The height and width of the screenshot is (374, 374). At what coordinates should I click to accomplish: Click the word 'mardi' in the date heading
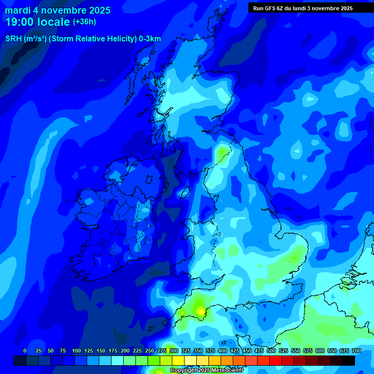pyautogui.click(x=18, y=10)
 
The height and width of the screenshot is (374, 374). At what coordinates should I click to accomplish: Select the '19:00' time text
pyautogui.click(x=20, y=22)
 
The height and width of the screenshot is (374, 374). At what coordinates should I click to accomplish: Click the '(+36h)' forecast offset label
pyautogui.click(x=84, y=22)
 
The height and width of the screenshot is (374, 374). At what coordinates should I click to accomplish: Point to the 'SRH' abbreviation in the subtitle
pyautogui.click(x=13, y=39)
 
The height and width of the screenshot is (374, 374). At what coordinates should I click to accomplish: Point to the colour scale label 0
pyautogui.click(x=25, y=351)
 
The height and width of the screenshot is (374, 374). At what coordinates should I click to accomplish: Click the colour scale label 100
pyautogui.click(x=76, y=351)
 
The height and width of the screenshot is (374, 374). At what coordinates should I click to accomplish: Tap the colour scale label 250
pyautogui.click(x=150, y=351)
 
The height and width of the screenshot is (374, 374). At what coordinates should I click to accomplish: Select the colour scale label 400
pyautogui.click(x=223, y=351)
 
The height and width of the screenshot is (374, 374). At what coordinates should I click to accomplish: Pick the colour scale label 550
pyautogui.click(x=296, y=351)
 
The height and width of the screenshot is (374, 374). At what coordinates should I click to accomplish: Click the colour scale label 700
pyautogui.click(x=356, y=351)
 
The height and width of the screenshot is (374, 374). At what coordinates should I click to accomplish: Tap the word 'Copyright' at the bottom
pyautogui.click(x=184, y=371)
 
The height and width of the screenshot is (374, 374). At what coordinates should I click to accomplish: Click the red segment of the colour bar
pyautogui.click(x=276, y=360)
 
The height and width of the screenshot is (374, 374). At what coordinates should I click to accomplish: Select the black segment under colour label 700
pyautogui.click(x=349, y=360)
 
